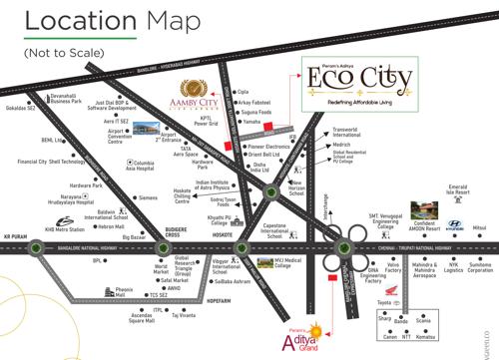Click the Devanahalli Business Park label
click(66, 98)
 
